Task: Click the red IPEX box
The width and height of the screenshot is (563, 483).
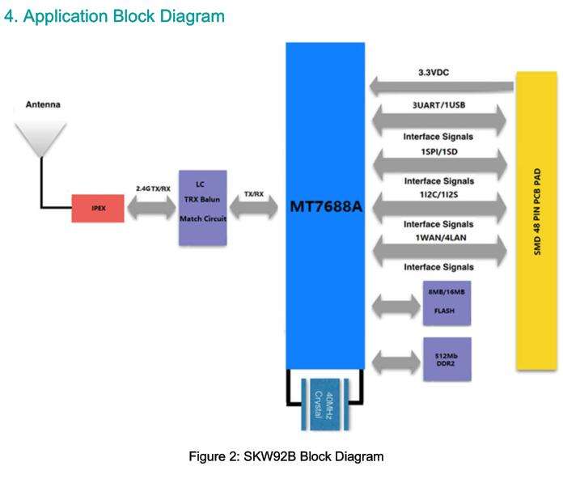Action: (98, 208)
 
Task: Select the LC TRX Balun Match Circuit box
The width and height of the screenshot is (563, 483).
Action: (202, 207)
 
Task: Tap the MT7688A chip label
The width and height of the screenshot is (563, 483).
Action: (326, 207)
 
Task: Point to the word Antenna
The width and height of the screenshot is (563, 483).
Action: (43, 105)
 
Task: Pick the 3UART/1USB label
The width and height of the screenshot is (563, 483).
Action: (438, 105)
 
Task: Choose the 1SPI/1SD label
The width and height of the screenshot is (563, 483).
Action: (438, 151)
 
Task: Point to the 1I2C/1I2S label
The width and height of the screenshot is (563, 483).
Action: (438, 194)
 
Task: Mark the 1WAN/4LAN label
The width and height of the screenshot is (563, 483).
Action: (438, 238)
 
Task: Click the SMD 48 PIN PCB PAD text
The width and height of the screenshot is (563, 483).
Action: (537, 219)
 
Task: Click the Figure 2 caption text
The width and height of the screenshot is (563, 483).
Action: (286, 457)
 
